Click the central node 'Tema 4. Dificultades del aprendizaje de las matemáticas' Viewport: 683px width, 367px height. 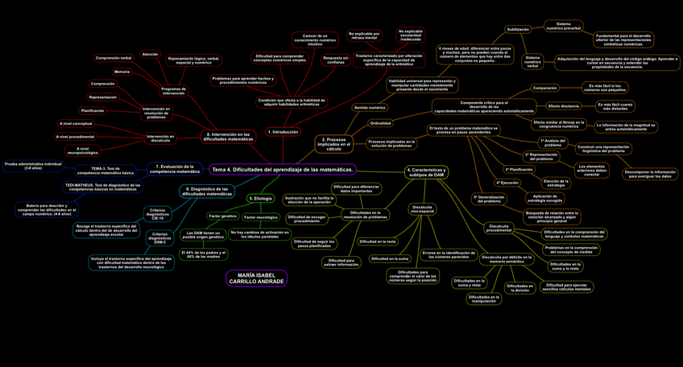tap(283, 170)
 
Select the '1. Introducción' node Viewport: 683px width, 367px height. tap(282, 132)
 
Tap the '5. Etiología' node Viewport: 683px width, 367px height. tap(260, 198)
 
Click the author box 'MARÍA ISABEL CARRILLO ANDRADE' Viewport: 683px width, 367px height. tap(256, 278)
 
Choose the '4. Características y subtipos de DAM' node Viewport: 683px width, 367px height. tap(426, 172)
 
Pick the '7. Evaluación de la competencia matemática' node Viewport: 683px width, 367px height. tap(175, 169)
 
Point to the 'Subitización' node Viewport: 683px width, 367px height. tap(517, 29)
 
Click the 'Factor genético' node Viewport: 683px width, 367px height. tap(222, 216)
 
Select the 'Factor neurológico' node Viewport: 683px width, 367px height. tap(261, 217)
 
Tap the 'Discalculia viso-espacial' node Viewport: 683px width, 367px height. tap(422, 209)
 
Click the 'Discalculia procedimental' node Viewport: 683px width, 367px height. tap(499, 229)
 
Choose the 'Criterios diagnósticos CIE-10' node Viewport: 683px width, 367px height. tap(158, 213)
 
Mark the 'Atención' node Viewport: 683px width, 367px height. tap(150, 55)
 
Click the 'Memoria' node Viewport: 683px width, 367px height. tap(122, 72)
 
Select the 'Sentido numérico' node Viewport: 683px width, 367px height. tap(370, 107)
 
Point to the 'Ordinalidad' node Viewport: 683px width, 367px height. tap(380, 123)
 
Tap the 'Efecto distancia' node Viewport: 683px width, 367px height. tap(564, 106)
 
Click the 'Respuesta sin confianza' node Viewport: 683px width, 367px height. tap(335, 60)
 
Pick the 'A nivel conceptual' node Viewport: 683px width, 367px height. tap(76, 124)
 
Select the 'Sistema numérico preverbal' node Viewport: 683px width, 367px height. tap(563, 27)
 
